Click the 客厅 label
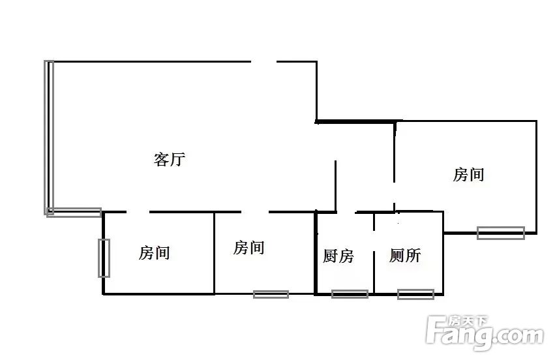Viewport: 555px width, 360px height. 170,159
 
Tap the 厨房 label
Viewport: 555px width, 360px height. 338,256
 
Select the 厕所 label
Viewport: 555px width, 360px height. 405,255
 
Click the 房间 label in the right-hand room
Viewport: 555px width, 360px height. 469,175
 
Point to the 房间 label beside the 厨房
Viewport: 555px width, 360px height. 249,247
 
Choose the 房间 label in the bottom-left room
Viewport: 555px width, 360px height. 155,253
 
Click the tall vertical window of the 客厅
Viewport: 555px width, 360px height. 49,138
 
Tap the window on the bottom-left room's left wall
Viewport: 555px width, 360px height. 104,258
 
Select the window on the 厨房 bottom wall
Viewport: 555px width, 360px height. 350,294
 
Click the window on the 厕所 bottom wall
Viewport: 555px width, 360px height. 415,294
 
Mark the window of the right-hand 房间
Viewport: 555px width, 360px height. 500,233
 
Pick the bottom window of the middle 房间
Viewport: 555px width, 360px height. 271,294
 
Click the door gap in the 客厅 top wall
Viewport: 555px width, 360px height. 263,61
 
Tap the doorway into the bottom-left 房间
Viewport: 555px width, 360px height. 138,212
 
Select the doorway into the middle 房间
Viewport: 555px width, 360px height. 255,212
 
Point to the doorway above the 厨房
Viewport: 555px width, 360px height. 346,213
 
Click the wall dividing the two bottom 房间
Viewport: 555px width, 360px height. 214,253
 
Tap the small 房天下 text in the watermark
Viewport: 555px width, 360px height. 468,321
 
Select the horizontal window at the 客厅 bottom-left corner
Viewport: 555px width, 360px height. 74,213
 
